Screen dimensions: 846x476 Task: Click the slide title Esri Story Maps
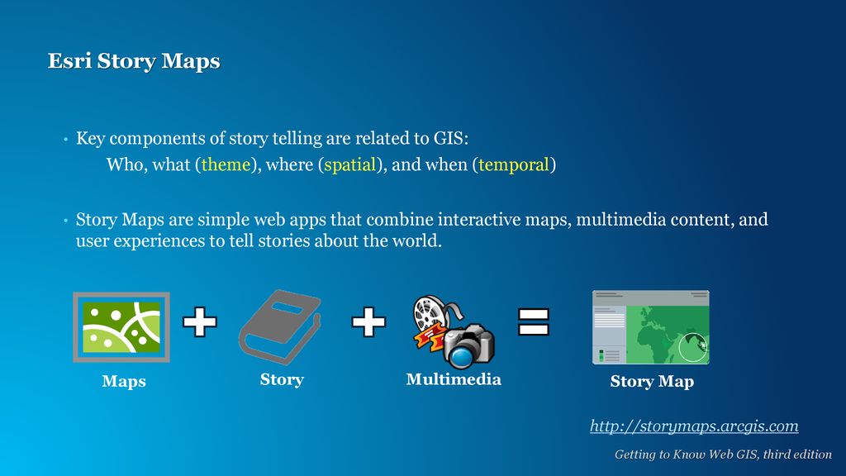pyautogui.click(x=134, y=61)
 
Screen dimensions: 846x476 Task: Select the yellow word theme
pyautogui.click(x=226, y=164)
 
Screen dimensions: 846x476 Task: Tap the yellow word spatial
pyautogui.click(x=349, y=164)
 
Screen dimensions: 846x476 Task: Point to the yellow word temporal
pyautogui.click(x=513, y=164)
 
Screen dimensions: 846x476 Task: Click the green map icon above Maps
pyautogui.click(x=121, y=327)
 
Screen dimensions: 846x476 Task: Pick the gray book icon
pyautogui.click(x=279, y=327)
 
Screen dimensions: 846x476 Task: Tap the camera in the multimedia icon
pyautogui.click(x=468, y=345)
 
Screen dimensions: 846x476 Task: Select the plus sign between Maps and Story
pyautogui.click(x=200, y=321)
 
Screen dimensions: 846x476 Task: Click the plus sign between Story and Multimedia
pyautogui.click(x=368, y=321)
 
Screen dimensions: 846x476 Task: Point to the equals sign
pyautogui.click(x=534, y=321)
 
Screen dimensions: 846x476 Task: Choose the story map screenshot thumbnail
pyautogui.click(x=651, y=327)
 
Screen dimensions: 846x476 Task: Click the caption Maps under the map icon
pyautogui.click(x=124, y=381)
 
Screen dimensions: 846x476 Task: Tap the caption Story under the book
pyautogui.click(x=282, y=379)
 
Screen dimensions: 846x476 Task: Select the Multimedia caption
pyautogui.click(x=454, y=379)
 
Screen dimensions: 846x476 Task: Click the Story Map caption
pyautogui.click(x=652, y=382)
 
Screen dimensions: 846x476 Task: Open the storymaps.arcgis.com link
pyautogui.click(x=694, y=426)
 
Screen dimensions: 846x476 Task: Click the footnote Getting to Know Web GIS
pyautogui.click(x=723, y=455)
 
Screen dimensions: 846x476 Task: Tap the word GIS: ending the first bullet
pyautogui.click(x=451, y=138)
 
